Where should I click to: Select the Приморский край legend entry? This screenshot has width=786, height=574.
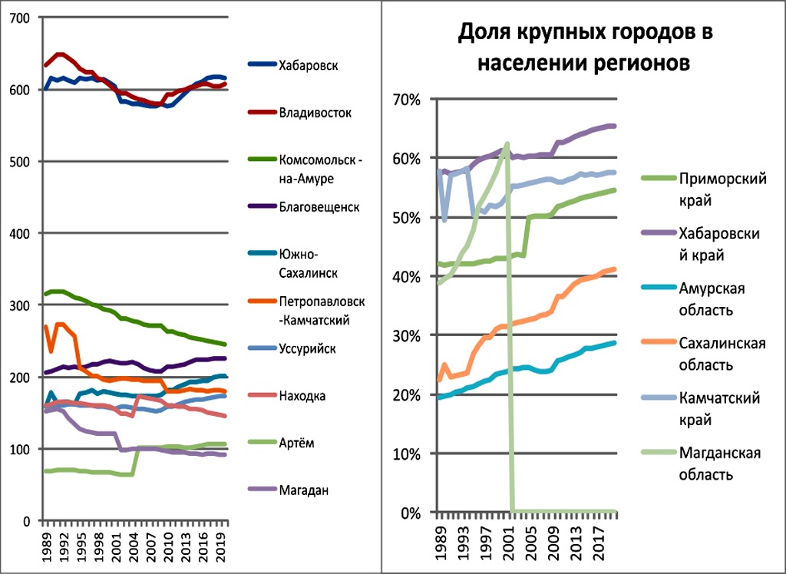pos(722,187)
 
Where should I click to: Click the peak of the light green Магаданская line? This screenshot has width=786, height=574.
pos(507,143)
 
